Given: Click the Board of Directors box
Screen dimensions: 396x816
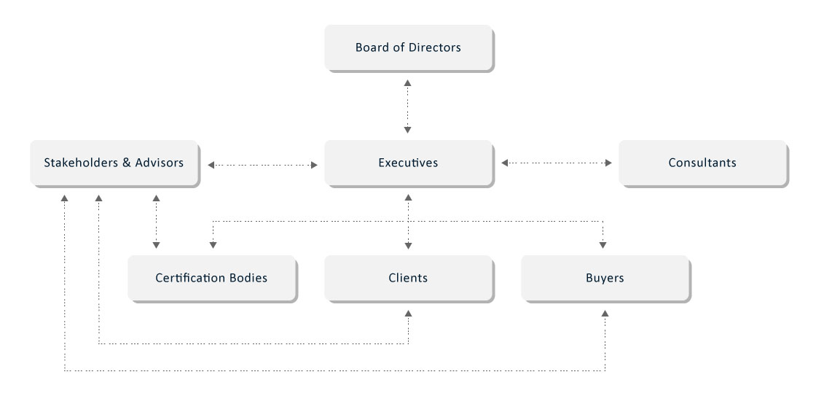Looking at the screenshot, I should coord(408,48).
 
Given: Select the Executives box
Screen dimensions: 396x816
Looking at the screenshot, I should coord(408,163).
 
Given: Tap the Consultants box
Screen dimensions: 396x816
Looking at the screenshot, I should coord(702,163).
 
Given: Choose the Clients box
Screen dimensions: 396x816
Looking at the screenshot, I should coord(408,278).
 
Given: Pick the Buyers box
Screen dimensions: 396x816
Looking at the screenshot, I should coord(605,278).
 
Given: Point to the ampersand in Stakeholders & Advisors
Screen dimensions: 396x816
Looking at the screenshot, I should coord(127,163).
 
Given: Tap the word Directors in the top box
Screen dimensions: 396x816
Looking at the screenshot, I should coord(433,48).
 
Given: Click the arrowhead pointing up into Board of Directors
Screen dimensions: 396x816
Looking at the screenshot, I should coord(408,82).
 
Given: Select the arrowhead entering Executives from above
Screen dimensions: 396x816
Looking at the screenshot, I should coord(408,130).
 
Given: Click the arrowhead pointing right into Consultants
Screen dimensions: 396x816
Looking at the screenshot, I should coord(608,164).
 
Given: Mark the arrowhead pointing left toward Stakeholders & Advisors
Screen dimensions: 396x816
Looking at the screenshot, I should coord(211,166).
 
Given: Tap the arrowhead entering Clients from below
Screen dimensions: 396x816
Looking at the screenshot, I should coord(408,313).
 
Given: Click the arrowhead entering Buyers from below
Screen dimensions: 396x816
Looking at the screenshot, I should coord(605,313).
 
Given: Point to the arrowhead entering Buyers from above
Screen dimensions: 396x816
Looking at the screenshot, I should coord(604,245).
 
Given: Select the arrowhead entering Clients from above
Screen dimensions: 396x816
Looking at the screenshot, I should coord(408,245).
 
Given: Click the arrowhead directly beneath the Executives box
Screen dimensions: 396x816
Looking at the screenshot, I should coord(408,198).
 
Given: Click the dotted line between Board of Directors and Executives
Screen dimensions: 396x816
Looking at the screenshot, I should coord(408,106).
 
